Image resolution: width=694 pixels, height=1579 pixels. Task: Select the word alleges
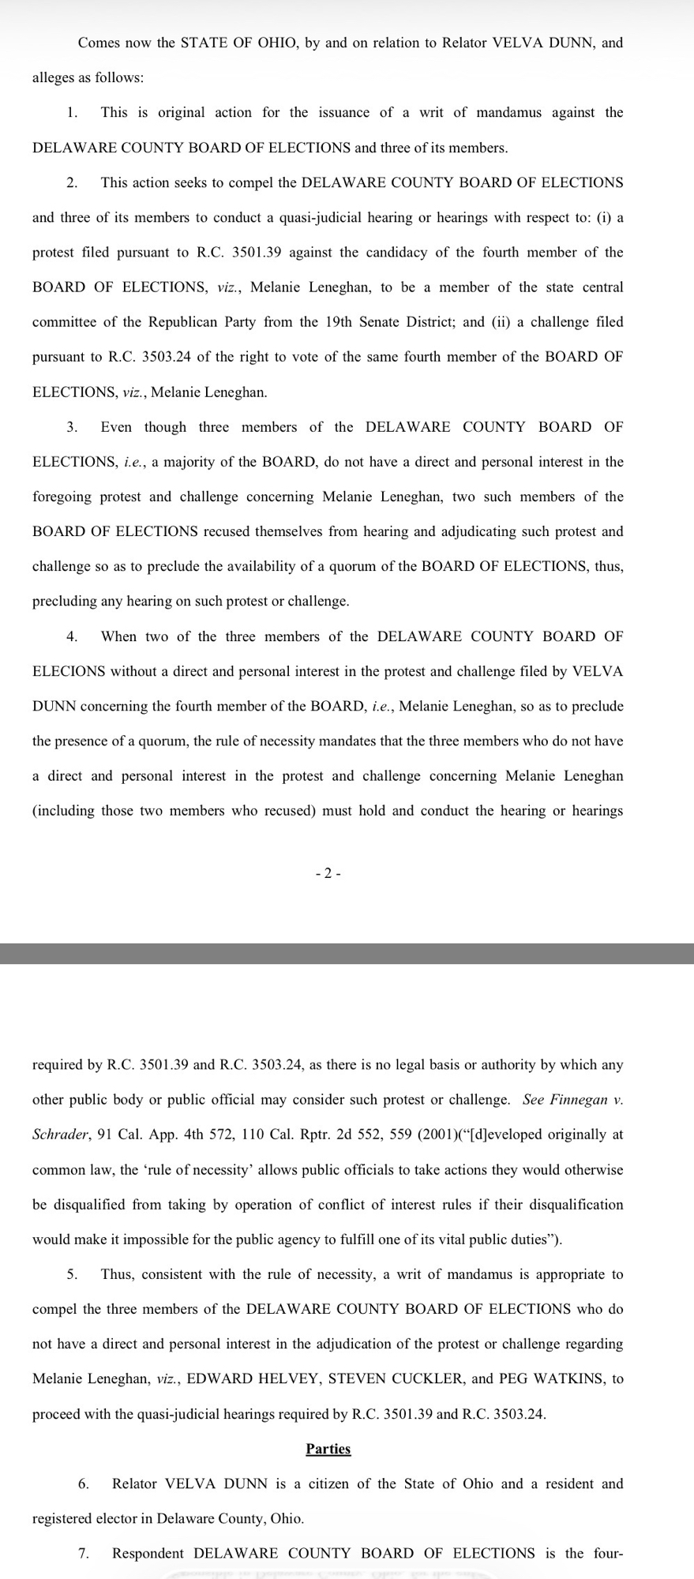pos(54,77)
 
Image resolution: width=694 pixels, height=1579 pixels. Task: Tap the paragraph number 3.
pos(72,427)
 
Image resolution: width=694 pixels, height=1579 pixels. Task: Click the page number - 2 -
pos(328,873)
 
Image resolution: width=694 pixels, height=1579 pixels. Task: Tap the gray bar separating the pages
pos(347,953)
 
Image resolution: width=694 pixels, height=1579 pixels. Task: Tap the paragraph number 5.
pos(72,1274)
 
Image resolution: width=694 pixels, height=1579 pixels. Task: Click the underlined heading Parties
pos(328,1449)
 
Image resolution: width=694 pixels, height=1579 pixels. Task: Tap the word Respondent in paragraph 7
pos(149,1553)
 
